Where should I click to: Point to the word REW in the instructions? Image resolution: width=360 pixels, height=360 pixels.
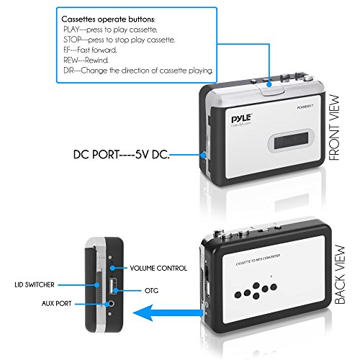click(x=72, y=62)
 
